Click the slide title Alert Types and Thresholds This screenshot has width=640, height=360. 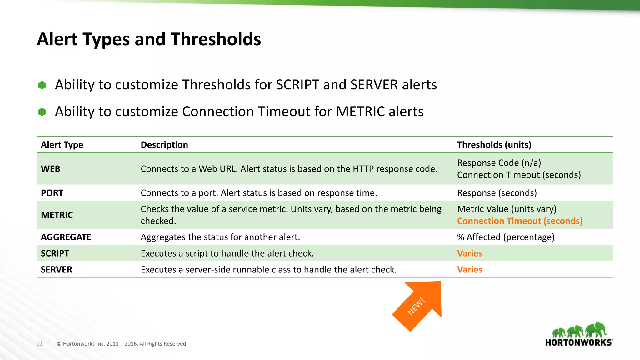tap(149, 39)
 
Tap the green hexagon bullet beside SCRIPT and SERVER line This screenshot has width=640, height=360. tap(42, 85)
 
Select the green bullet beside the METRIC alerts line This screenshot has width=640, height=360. tap(42, 112)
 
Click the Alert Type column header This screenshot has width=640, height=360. tap(62, 145)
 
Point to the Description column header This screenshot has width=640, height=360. tap(164, 145)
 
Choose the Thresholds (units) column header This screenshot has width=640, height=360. tap(494, 145)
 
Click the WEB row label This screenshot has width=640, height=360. tap(51, 169)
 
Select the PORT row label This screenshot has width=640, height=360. tap(52, 193)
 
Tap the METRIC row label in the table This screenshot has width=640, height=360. tap(57, 215)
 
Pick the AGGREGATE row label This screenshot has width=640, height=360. tap(66, 237)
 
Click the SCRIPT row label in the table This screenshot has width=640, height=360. tap(55, 253)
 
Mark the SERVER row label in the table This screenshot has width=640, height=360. tap(57, 270)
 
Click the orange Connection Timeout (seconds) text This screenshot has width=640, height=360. tap(520, 221)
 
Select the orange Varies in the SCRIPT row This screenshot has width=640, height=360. tap(470, 253)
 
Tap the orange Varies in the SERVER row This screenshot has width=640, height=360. tap(470, 270)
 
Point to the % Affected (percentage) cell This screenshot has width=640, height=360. tap(506, 237)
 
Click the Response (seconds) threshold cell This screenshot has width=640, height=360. tap(497, 193)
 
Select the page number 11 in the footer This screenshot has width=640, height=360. tap(39, 343)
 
